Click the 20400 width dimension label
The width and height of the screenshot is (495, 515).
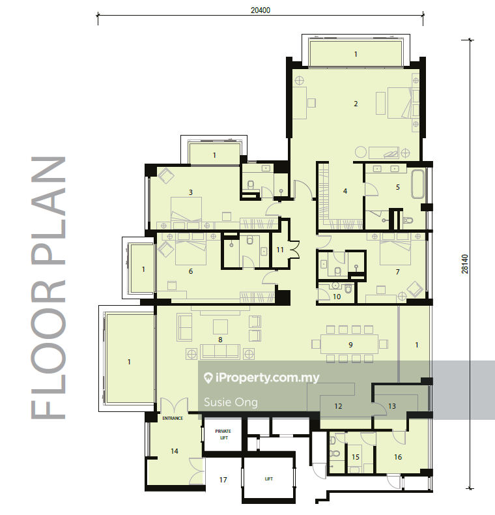click(x=261, y=10)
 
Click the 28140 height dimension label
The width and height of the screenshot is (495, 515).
click(x=465, y=264)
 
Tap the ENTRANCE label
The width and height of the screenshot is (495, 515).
click(x=173, y=418)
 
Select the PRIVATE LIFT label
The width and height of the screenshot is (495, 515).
click(x=223, y=434)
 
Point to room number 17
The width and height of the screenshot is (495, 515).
click(x=223, y=480)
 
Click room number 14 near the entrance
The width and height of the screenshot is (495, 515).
click(x=175, y=451)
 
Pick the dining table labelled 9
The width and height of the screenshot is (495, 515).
click(x=349, y=345)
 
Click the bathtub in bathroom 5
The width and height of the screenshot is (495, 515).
click(x=417, y=184)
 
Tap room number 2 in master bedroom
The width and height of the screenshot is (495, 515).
click(x=356, y=104)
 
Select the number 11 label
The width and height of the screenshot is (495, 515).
click(x=280, y=250)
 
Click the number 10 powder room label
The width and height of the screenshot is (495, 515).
click(x=337, y=297)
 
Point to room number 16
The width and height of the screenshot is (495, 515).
click(x=398, y=457)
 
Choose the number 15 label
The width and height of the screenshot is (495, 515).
click(x=356, y=457)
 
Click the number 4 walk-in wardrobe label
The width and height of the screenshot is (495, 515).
click(x=345, y=191)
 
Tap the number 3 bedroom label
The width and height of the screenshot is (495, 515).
click(x=191, y=192)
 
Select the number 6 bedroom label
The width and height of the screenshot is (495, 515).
click(x=191, y=271)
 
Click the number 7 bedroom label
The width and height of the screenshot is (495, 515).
click(x=398, y=272)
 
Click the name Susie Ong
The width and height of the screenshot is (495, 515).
click(x=231, y=402)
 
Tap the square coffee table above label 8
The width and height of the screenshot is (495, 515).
click(x=220, y=327)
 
